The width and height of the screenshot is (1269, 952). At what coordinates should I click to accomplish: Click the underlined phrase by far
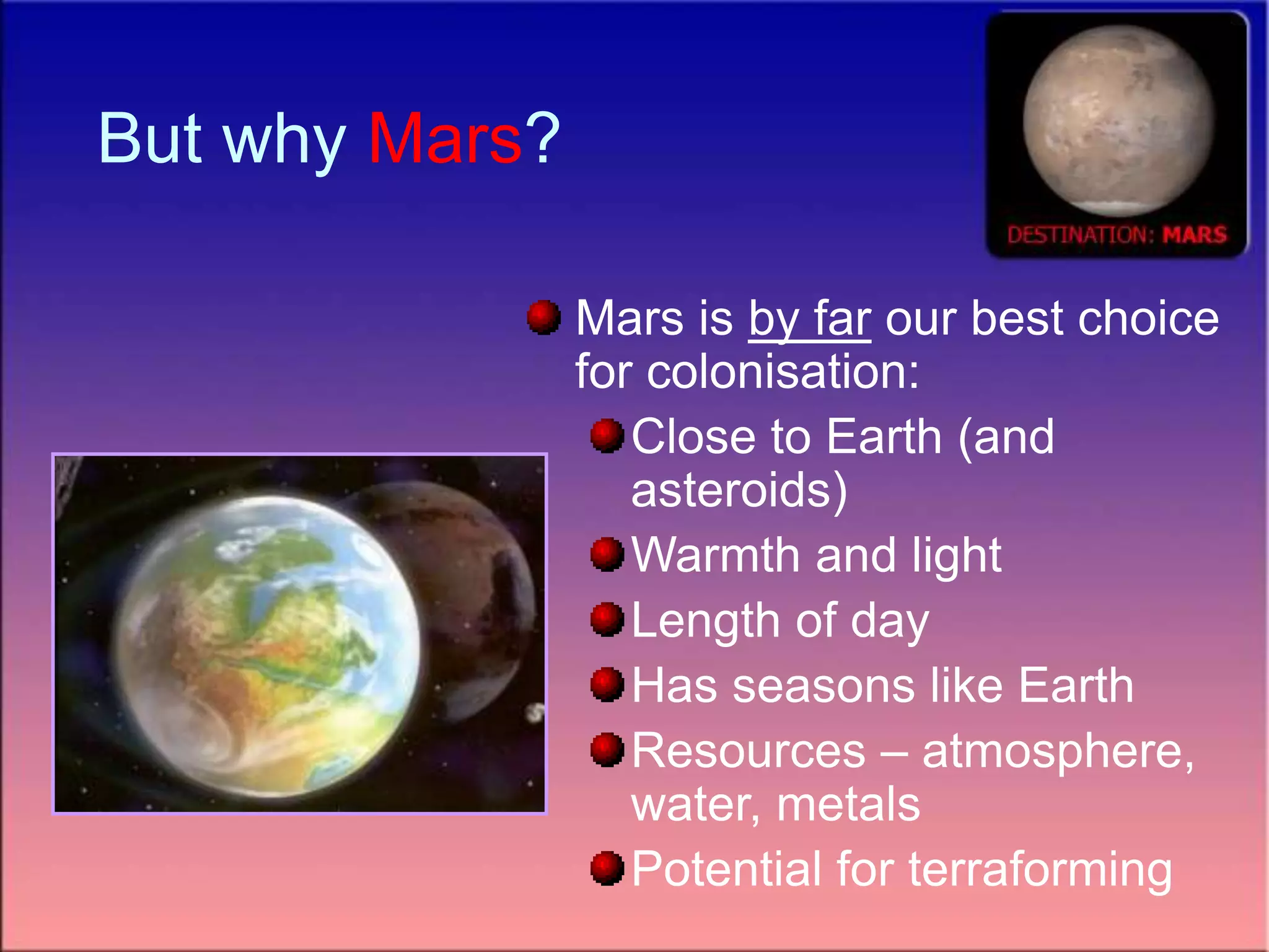point(809,320)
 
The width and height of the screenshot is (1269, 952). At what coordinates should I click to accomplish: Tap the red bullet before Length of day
point(607,619)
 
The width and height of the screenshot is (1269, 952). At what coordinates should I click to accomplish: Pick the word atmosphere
point(1057,751)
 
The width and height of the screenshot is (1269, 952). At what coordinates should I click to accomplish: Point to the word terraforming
point(1040,870)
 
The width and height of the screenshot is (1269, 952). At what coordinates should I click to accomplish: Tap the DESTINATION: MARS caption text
point(1117,235)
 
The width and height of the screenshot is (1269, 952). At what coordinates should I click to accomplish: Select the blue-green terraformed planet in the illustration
point(266,645)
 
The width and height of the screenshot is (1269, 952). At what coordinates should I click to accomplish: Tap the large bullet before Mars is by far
point(543,317)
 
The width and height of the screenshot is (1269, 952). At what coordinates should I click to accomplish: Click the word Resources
point(748,751)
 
